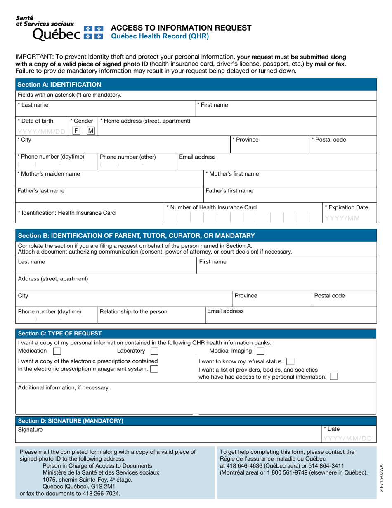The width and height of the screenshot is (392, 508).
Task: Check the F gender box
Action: coord(76,131)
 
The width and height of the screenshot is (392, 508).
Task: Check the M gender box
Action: coord(90,131)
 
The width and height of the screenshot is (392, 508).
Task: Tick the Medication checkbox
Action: coord(57,351)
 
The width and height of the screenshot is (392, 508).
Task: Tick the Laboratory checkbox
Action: coord(154,351)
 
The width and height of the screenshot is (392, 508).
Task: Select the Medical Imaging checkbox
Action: coord(260,351)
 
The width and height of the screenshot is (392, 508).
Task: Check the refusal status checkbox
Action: coord(290,361)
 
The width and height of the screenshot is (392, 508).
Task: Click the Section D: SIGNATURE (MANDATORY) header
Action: coord(71,421)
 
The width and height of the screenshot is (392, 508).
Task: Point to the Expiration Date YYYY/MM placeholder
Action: coord(342,218)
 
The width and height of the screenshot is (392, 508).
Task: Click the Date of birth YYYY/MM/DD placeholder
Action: coord(41,132)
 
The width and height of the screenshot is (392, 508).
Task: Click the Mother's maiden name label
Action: coord(49,174)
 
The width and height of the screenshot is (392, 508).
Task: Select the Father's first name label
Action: coord(229,191)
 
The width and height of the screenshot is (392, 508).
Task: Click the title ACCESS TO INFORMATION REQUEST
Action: coord(182,28)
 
